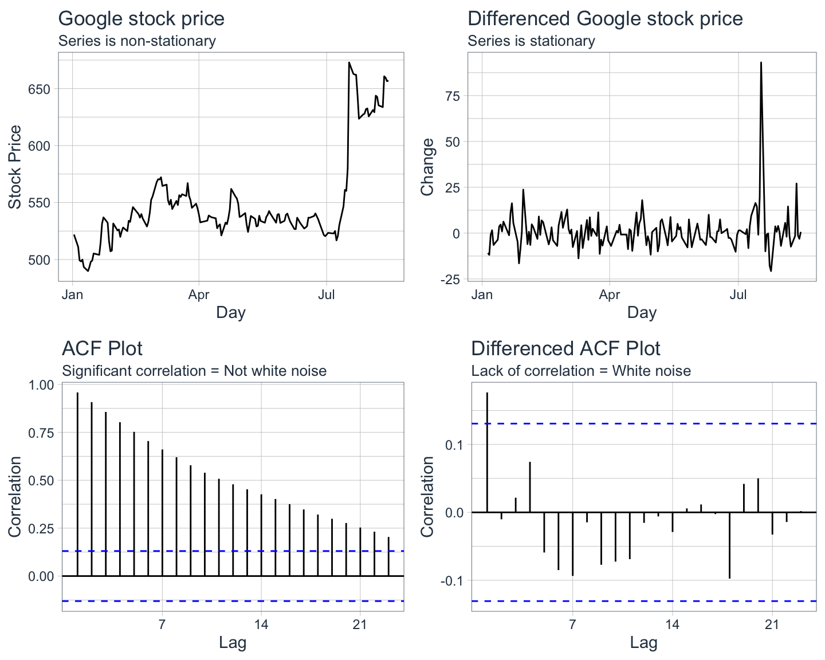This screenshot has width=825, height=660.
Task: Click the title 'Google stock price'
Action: (141, 19)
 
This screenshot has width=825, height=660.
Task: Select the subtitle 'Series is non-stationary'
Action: (137, 41)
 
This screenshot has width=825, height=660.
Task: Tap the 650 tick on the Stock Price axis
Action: (39, 89)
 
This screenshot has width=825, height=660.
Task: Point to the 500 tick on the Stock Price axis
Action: (39, 260)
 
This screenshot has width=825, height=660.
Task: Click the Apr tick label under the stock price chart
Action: (199, 294)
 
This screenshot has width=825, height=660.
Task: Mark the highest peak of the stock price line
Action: (349, 62)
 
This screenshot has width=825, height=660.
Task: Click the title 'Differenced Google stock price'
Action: (605, 19)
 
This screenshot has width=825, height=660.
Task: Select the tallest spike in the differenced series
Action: (761, 62)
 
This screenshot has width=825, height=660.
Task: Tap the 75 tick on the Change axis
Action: (453, 96)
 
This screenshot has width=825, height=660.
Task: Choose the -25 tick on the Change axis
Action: (450, 280)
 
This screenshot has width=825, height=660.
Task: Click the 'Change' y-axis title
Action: (427, 167)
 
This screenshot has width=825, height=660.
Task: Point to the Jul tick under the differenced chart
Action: (738, 294)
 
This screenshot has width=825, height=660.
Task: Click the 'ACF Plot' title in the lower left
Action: (102, 348)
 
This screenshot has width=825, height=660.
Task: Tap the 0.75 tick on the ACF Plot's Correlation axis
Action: (41, 433)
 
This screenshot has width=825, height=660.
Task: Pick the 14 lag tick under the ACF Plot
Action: (261, 624)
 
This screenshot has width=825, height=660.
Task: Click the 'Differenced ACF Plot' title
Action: (565, 348)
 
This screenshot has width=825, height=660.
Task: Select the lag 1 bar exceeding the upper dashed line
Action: (487, 452)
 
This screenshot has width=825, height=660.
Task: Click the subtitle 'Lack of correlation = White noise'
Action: (581, 371)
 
